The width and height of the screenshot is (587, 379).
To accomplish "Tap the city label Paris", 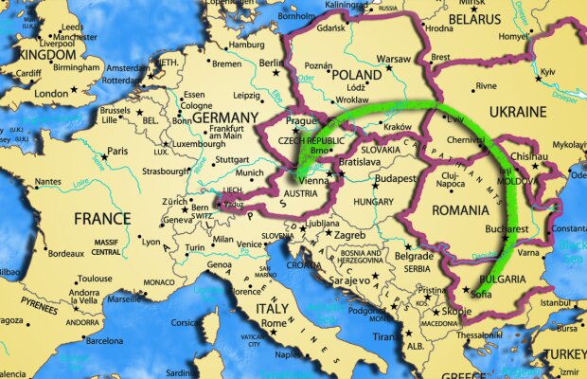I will pyautogui.click(x=116, y=152).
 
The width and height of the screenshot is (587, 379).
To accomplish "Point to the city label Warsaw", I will pyautogui.click(x=394, y=59).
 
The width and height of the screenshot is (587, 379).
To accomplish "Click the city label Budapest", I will pyautogui.click(x=388, y=178).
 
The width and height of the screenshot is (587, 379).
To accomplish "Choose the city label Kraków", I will pyautogui.click(x=398, y=127).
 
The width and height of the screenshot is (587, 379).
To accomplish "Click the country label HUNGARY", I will pyautogui.click(x=374, y=202).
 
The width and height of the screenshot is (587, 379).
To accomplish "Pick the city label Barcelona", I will pyautogui.click(x=104, y=340).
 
